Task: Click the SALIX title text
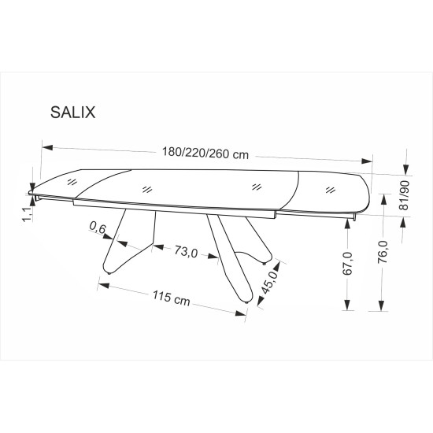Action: pyautogui.click(x=73, y=113)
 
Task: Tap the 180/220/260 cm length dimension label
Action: pyautogui.click(x=205, y=154)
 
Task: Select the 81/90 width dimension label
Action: pyautogui.click(x=404, y=195)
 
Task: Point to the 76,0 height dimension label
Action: pyautogui.click(x=383, y=252)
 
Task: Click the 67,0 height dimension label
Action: pyautogui.click(x=348, y=264)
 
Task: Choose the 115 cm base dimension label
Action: pyautogui.click(x=172, y=298)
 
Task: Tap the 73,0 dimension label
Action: pyautogui.click(x=186, y=252)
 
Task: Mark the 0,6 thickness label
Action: pyautogui.click(x=98, y=228)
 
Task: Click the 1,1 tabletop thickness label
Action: pyautogui.click(x=28, y=215)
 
